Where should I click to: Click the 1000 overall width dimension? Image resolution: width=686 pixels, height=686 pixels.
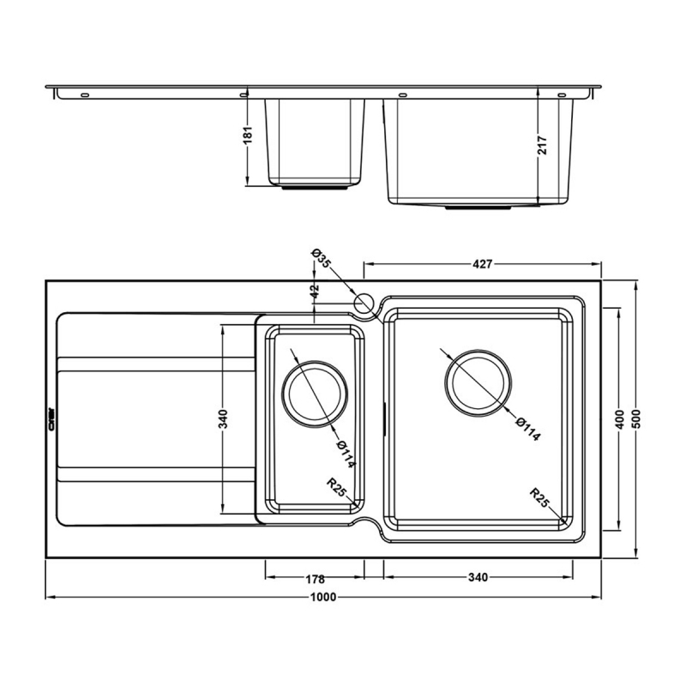tap(323, 597)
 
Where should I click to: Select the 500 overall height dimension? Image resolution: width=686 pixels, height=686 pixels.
tap(636, 418)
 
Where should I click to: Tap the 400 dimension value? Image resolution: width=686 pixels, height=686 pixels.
tap(619, 418)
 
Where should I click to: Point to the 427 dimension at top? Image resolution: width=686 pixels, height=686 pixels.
tap(483, 264)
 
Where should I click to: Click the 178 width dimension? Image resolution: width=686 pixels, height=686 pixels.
tap(314, 577)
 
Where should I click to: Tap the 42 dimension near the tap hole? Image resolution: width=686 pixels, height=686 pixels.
tap(315, 292)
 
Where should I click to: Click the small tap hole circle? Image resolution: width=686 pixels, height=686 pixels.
tap(364, 304)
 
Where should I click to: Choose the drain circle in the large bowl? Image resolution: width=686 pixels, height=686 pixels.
tap(478, 382)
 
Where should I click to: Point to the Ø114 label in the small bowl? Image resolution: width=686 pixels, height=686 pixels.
tap(346, 454)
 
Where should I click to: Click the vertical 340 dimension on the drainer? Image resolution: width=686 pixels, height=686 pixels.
tap(223, 418)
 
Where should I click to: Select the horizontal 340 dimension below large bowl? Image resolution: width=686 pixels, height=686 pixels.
tap(478, 577)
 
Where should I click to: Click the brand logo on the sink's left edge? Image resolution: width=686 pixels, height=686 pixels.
tap(51, 418)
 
